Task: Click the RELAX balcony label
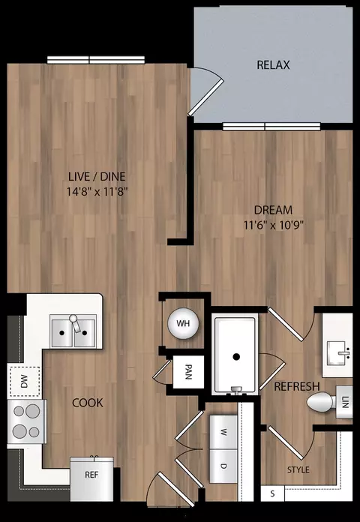[273, 65]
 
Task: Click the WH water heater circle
[181, 323]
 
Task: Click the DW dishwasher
[22, 381]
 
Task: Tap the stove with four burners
[25, 421]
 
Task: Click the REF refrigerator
[91, 474]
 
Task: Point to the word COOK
[88, 403]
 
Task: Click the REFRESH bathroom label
[297, 386]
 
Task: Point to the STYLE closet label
[298, 470]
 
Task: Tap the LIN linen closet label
[345, 403]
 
